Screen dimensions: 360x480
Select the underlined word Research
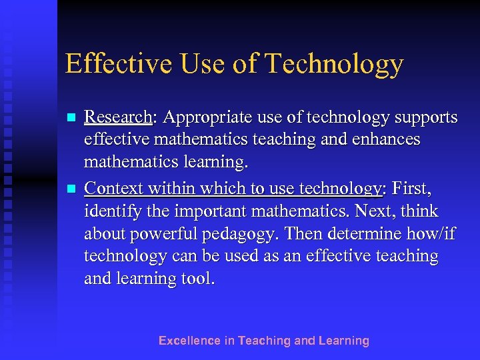coord(118,118)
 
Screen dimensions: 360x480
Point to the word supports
coord(425,118)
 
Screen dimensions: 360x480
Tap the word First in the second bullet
coord(412,189)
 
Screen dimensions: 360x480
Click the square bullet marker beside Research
coord(70,118)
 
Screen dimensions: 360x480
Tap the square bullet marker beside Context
coord(70,189)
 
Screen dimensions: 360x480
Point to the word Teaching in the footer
coord(264,341)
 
